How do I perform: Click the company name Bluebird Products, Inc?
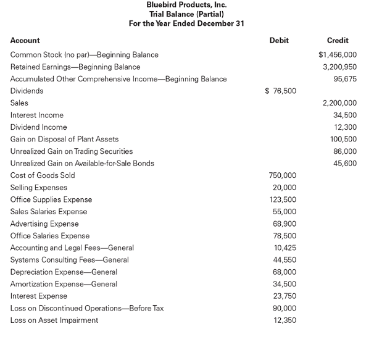tap(186, 5)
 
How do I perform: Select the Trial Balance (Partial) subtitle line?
tap(186, 14)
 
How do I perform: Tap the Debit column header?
tap(279, 40)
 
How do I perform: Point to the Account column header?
tap(25, 40)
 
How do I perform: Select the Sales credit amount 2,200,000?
tap(339, 103)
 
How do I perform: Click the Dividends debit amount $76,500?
tap(280, 91)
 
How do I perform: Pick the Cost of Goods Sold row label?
tap(43, 175)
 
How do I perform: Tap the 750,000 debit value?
tap(283, 175)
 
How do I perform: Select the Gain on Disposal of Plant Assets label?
tap(64, 139)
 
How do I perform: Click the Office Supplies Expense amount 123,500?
tap(283, 199)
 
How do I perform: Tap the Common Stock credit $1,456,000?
tap(338, 54)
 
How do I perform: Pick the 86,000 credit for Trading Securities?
tap(344, 151)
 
